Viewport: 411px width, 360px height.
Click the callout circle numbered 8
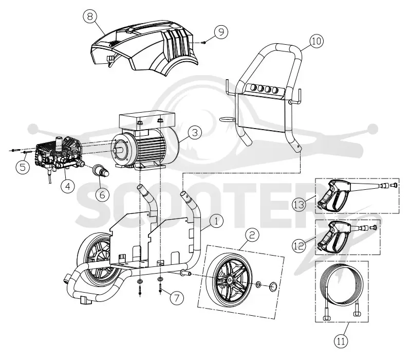click(x=90, y=16)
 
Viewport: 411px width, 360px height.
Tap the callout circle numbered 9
click(x=221, y=32)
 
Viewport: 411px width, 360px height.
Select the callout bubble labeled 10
click(x=316, y=41)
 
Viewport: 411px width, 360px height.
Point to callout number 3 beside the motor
click(x=195, y=133)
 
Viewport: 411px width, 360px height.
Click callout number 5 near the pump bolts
click(x=23, y=167)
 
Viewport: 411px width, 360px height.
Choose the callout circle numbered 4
click(x=68, y=186)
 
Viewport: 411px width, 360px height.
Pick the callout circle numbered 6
click(x=102, y=194)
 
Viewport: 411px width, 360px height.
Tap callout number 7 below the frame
click(x=177, y=298)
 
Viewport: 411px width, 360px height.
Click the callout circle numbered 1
click(x=216, y=221)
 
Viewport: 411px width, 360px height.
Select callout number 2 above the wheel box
click(x=252, y=235)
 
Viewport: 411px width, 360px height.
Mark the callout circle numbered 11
click(x=341, y=341)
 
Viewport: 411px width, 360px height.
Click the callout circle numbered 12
click(x=299, y=246)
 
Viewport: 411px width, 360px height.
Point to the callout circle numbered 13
click(x=299, y=204)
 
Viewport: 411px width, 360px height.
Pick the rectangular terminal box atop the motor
click(x=147, y=120)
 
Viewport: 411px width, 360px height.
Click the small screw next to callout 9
click(x=203, y=43)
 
